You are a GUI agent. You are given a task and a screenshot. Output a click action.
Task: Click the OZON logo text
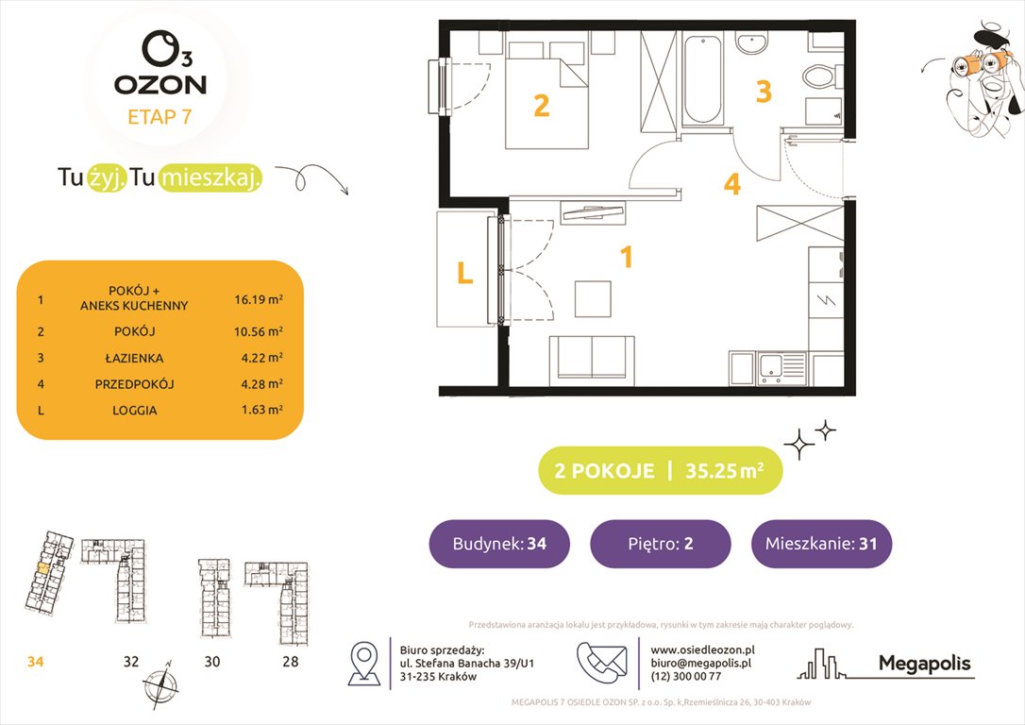pos(160,84)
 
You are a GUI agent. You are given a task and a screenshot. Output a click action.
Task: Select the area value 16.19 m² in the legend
pos(260,300)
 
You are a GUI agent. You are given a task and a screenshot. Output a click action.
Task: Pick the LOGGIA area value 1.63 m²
pos(260,411)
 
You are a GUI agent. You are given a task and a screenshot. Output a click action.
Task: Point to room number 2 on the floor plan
pos(541,105)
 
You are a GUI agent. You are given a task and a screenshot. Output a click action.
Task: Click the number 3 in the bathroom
pos(764,92)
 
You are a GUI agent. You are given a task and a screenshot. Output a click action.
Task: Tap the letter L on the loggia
pos(464,273)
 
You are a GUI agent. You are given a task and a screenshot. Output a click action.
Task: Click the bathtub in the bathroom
pos(703,79)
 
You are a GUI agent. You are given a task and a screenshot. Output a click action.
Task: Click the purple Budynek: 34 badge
pos(499,544)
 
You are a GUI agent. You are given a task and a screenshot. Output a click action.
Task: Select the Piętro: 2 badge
pos(660,544)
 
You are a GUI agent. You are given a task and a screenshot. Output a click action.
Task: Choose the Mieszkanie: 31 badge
pos(821,544)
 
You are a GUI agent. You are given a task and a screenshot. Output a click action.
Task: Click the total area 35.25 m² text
pos(723,471)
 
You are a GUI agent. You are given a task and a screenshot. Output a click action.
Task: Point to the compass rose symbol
pos(160,682)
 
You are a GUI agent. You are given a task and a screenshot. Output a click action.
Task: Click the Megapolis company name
pos(924,664)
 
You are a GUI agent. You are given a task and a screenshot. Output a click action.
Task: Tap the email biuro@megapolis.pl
pos(700,663)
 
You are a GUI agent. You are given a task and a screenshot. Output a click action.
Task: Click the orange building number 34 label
pos(36,662)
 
